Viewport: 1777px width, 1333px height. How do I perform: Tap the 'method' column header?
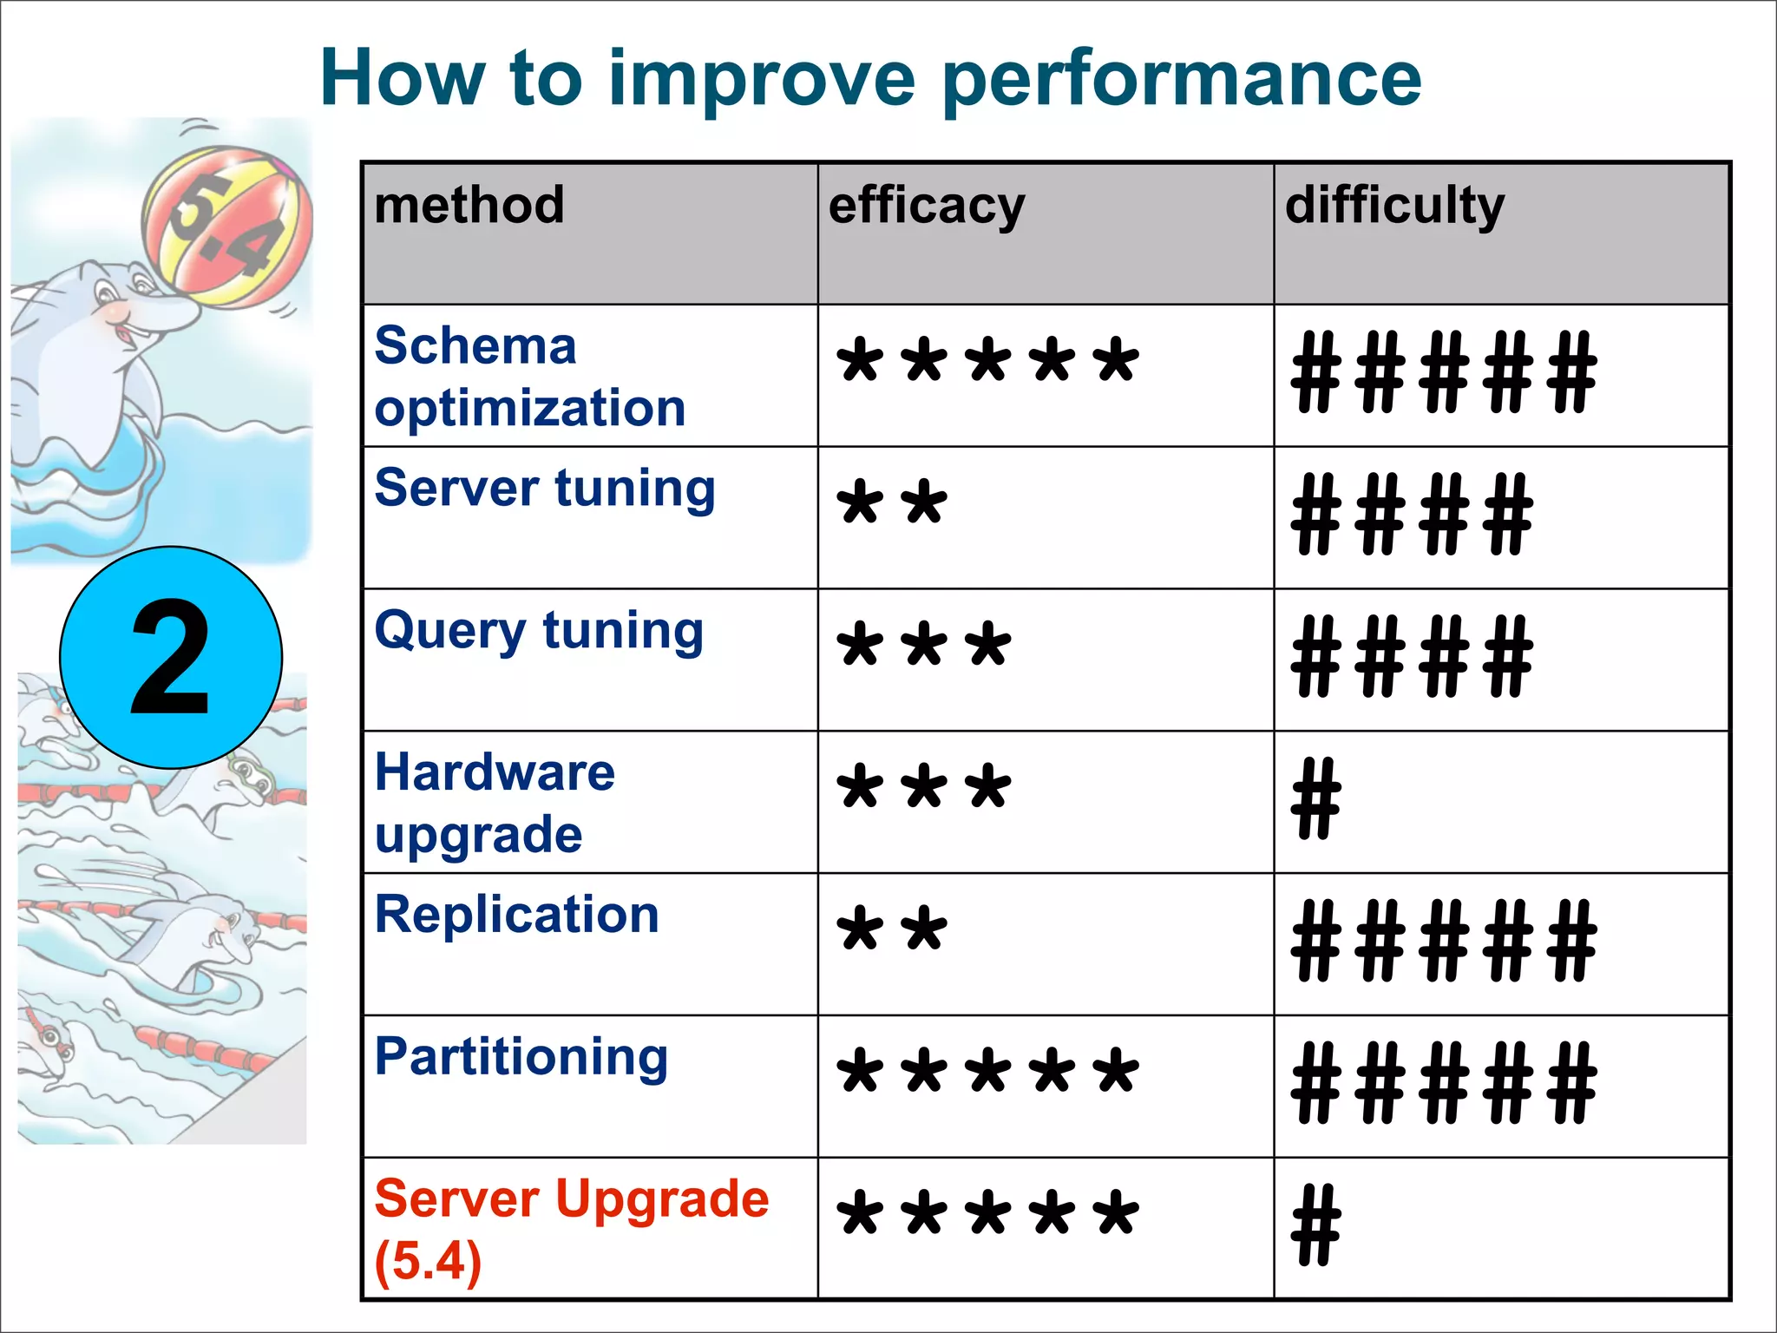tap(469, 206)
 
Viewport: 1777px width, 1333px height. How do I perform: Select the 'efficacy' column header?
tap(927, 207)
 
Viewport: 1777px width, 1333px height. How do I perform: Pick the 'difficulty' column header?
tap(1394, 207)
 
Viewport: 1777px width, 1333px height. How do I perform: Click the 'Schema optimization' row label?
tap(529, 377)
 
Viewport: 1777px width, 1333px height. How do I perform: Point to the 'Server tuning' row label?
tap(545, 489)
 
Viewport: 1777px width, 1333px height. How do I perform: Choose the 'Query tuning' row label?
tap(539, 631)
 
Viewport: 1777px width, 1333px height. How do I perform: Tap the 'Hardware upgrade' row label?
tap(495, 803)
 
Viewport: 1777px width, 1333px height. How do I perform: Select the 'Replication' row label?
tap(517, 915)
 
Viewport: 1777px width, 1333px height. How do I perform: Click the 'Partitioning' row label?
tap(521, 1057)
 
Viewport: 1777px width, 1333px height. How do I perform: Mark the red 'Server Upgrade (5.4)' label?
tap(571, 1229)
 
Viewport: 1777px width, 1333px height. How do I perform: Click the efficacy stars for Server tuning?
tap(892, 503)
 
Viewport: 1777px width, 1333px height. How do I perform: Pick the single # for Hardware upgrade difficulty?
tap(1316, 798)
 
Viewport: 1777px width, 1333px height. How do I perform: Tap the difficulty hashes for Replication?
tap(1444, 941)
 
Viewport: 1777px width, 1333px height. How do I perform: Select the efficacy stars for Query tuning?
tap(924, 646)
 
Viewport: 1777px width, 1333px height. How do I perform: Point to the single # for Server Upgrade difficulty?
tap(1316, 1225)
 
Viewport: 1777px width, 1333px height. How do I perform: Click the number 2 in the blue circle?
tap(171, 658)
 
